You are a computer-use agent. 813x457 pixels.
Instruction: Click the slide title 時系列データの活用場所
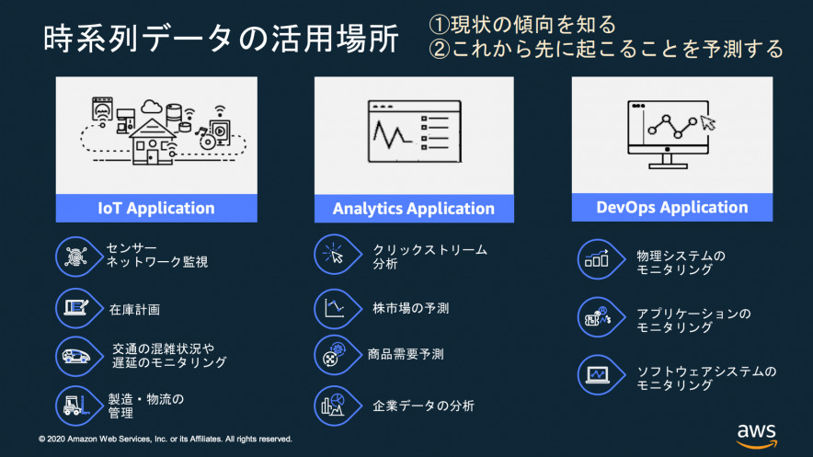pos(221,40)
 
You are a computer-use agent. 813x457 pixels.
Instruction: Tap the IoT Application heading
pos(156,208)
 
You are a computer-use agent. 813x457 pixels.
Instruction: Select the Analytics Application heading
pos(413,209)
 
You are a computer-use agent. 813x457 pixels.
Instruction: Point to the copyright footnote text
pos(166,439)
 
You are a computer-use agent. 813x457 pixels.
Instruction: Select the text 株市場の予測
pos(410,308)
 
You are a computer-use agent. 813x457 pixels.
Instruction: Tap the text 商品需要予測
pos(405,354)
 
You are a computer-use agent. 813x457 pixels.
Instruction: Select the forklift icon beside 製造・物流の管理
pos(73,404)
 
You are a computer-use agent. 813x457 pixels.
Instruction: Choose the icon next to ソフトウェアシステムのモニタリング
pos(596,375)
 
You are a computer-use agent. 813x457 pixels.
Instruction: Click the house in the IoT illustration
pos(154,140)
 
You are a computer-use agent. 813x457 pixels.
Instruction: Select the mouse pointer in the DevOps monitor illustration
pos(706,121)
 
